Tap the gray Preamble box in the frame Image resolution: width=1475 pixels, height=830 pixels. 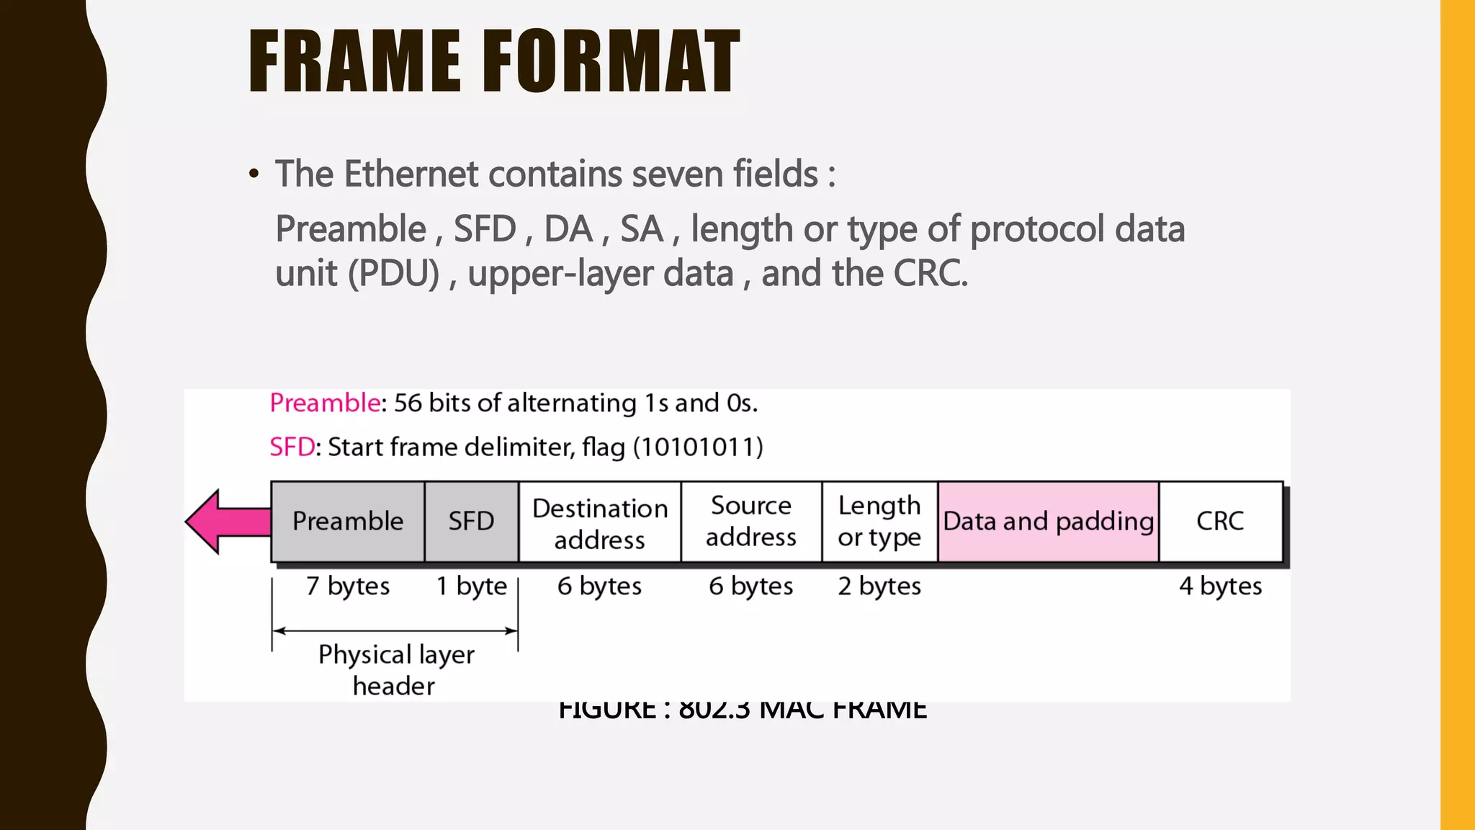348,521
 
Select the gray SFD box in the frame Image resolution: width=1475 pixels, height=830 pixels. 472,521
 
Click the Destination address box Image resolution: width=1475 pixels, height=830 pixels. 600,523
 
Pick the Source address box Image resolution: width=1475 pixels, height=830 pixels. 751,521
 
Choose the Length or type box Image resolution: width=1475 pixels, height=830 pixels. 879,521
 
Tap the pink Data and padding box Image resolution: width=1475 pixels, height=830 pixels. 1049,521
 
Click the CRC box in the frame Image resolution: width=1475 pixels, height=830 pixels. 1220,521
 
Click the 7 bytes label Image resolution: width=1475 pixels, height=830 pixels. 348,586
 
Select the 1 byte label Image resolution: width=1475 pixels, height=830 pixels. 472,586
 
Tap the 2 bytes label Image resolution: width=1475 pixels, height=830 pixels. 879,586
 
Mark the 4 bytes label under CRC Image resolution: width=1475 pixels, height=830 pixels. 1220,586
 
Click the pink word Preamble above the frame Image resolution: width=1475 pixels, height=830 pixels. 325,403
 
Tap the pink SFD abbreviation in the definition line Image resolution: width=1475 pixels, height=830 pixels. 292,447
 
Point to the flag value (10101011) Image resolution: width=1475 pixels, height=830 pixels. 698,447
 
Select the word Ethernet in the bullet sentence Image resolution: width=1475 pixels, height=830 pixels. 411,174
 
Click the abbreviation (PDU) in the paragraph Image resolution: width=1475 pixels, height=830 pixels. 393,274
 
